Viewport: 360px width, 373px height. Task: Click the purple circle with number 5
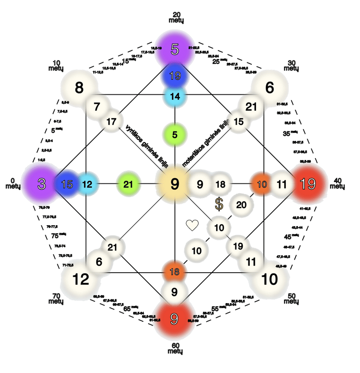tap(174, 48)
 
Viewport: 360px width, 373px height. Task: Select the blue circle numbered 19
tap(174, 76)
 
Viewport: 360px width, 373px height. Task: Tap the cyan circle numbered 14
tap(174, 96)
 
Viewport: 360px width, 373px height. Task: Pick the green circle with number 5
tap(174, 135)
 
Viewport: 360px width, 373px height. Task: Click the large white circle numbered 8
tap(79, 87)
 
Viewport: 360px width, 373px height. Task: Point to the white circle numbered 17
tap(111, 122)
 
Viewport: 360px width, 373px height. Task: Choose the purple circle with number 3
tap(41, 184)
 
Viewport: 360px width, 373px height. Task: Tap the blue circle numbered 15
tap(67, 184)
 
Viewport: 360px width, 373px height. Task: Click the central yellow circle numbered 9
tap(174, 184)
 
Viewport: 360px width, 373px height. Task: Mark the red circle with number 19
tap(307, 184)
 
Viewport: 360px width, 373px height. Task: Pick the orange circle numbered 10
tap(262, 184)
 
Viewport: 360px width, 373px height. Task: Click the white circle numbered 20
tap(241, 205)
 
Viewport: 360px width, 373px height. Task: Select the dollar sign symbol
tap(219, 204)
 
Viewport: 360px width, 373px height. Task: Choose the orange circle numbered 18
tap(174, 272)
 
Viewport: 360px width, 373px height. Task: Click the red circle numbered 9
tap(174, 319)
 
